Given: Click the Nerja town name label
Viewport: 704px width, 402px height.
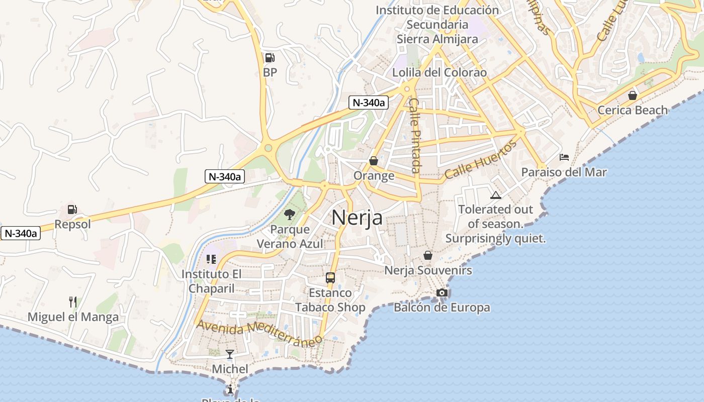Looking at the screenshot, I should (x=357, y=218).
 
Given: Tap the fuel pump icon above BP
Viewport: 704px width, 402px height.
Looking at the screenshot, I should (x=270, y=58).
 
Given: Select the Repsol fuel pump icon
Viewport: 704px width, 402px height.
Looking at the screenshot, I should (x=72, y=209).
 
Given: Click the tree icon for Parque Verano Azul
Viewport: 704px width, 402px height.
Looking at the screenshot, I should (x=289, y=215).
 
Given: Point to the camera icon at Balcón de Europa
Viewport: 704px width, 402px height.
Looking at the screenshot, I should (x=442, y=292).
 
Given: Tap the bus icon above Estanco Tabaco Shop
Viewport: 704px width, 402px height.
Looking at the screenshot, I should (x=330, y=277).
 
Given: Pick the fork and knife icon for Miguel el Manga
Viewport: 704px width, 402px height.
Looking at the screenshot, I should (x=73, y=301).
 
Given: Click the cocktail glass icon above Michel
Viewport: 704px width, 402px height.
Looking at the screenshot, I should (x=230, y=354).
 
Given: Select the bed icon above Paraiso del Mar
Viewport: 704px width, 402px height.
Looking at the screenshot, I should (x=564, y=157).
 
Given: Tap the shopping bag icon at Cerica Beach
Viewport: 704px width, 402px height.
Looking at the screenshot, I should (x=633, y=95).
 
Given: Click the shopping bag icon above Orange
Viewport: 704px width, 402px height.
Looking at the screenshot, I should (x=374, y=161).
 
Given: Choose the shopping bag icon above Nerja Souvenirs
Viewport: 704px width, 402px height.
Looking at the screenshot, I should (x=428, y=255).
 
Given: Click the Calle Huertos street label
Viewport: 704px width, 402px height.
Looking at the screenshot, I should (x=480, y=159).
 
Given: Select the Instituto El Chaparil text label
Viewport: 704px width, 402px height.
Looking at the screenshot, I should (x=212, y=281).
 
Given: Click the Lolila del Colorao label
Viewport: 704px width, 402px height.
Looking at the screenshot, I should (x=439, y=72).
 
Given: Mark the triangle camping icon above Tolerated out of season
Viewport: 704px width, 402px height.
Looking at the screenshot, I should (x=496, y=195).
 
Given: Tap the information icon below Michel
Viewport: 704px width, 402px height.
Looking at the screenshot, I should (x=230, y=389).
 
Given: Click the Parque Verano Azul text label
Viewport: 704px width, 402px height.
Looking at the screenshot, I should (x=290, y=237).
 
